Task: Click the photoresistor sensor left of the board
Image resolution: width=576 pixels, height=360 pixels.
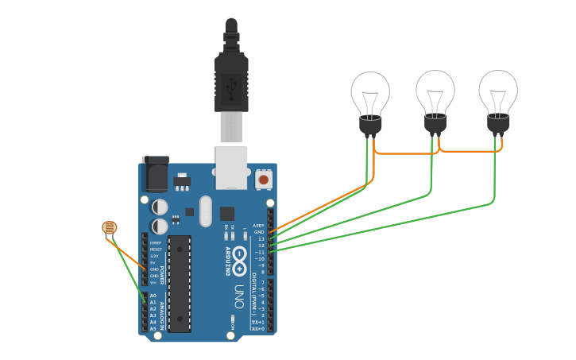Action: [109, 229]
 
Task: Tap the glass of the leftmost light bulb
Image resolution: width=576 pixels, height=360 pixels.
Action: [370, 92]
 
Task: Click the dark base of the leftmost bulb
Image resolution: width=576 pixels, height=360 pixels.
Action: [370, 125]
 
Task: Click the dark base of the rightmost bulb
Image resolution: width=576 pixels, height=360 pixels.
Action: [498, 124]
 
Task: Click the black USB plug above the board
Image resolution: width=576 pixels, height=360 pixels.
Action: [231, 83]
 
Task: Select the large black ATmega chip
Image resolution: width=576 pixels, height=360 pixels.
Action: [180, 283]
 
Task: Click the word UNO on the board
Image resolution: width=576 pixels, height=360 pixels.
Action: [238, 297]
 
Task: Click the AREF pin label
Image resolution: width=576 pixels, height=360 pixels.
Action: [258, 226]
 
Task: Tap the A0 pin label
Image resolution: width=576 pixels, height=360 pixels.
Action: [153, 296]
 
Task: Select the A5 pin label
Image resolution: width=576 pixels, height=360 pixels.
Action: [153, 328]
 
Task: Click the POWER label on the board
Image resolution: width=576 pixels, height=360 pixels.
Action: [163, 275]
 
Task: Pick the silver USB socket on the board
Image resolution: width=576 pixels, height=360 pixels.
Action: [231, 166]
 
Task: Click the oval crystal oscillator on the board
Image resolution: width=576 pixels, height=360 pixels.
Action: [206, 211]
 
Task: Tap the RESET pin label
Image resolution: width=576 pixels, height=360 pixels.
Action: [155, 249]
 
